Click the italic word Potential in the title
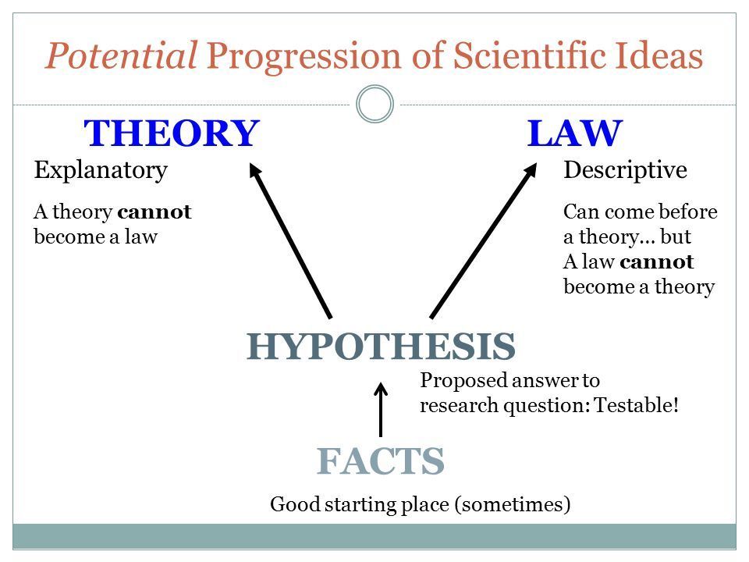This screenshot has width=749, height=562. coord(122,55)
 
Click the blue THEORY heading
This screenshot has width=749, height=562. coord(172,133)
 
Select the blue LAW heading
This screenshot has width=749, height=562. coord(575,133)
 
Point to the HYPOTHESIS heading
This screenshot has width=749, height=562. coord(381,346)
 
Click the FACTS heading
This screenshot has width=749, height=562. coord(381,461)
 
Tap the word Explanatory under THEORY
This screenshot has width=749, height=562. coord(101,171)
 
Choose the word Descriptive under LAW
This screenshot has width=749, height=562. coord(625,169)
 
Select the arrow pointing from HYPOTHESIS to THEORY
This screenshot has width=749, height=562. coord(290,240)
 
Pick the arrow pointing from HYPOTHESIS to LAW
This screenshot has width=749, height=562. coord(484,240)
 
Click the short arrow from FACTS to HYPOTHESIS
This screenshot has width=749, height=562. coord(381,409)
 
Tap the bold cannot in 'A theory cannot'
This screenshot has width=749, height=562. coord(154,212)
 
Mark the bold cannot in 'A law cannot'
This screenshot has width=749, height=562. coord(657,261)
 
